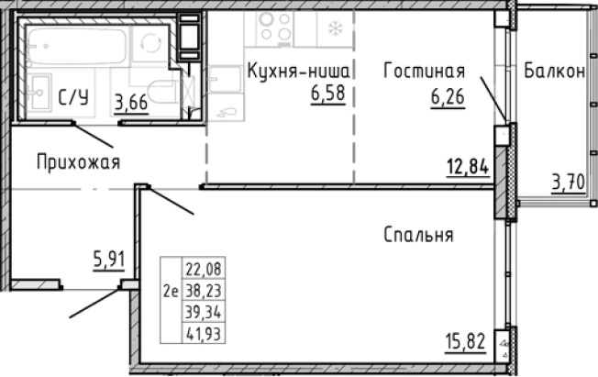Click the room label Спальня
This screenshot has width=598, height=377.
(x=419, y=235)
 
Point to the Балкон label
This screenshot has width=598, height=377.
(x=555, y=72)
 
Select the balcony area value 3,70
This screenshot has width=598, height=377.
(x=567, y=182)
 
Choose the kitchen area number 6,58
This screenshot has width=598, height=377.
(x=328, y=92)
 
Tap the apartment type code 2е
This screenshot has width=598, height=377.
(x=170, y=292)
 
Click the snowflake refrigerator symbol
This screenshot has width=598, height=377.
(x=335, y=28)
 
